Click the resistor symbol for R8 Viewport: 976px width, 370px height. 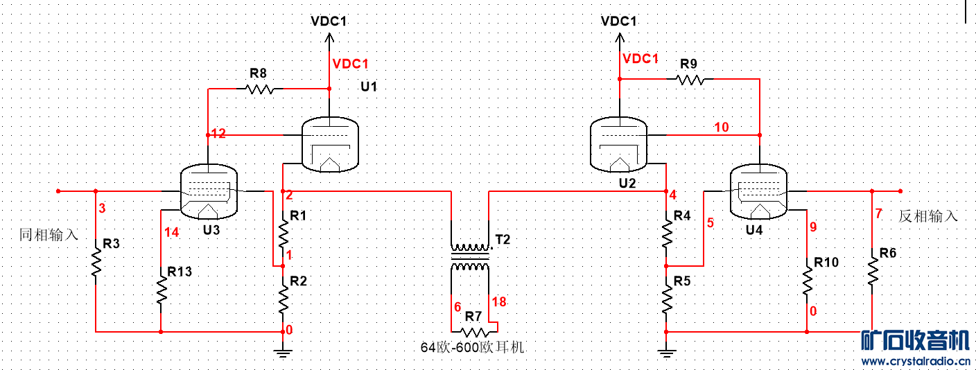(260, 89)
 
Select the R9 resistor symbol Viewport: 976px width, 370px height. (690, 80)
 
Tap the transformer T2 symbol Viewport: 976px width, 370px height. (470, 257)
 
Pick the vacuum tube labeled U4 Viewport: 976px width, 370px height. (758, 191)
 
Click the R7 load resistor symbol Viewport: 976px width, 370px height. (474, 332)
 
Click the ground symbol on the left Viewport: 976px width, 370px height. (282, 352)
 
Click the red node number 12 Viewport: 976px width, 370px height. (218, 134)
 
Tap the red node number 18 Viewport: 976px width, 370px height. (499, 301)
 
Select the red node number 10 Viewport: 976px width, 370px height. (722, 127)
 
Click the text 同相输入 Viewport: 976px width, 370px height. (49, 235)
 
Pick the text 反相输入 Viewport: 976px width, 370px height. (928, 216)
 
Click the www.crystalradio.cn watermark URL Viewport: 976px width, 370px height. (916, 362)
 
